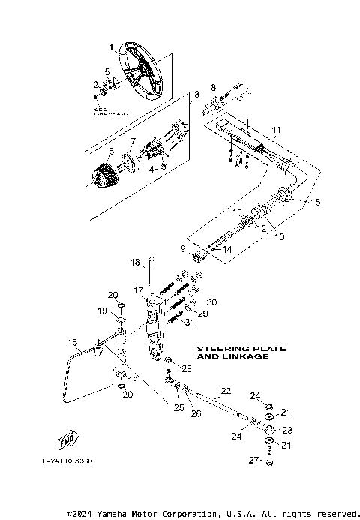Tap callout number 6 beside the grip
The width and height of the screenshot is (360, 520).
111,151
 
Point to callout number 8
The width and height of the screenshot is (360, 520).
213,88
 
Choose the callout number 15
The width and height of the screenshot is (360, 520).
315,202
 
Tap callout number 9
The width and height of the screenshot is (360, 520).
181,248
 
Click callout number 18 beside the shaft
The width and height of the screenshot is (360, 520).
136,263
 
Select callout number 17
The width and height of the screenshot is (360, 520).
139,290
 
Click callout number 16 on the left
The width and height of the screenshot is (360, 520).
72,343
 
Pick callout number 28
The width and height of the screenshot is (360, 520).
187,369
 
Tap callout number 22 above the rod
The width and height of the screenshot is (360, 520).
224,390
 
